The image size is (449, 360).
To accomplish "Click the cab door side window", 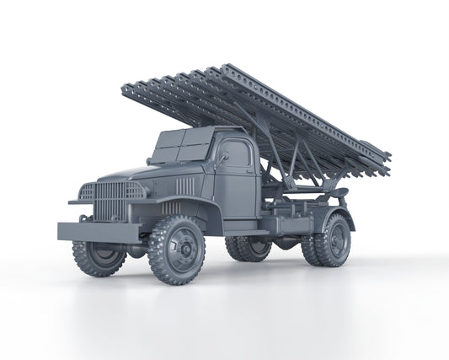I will (237, 155).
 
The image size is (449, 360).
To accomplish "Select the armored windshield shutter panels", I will (179, 147).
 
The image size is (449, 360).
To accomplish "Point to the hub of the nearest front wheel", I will (181, 250).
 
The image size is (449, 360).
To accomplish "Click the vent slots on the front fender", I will (171, 207).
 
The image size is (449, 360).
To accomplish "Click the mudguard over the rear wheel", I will (337, 211).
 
